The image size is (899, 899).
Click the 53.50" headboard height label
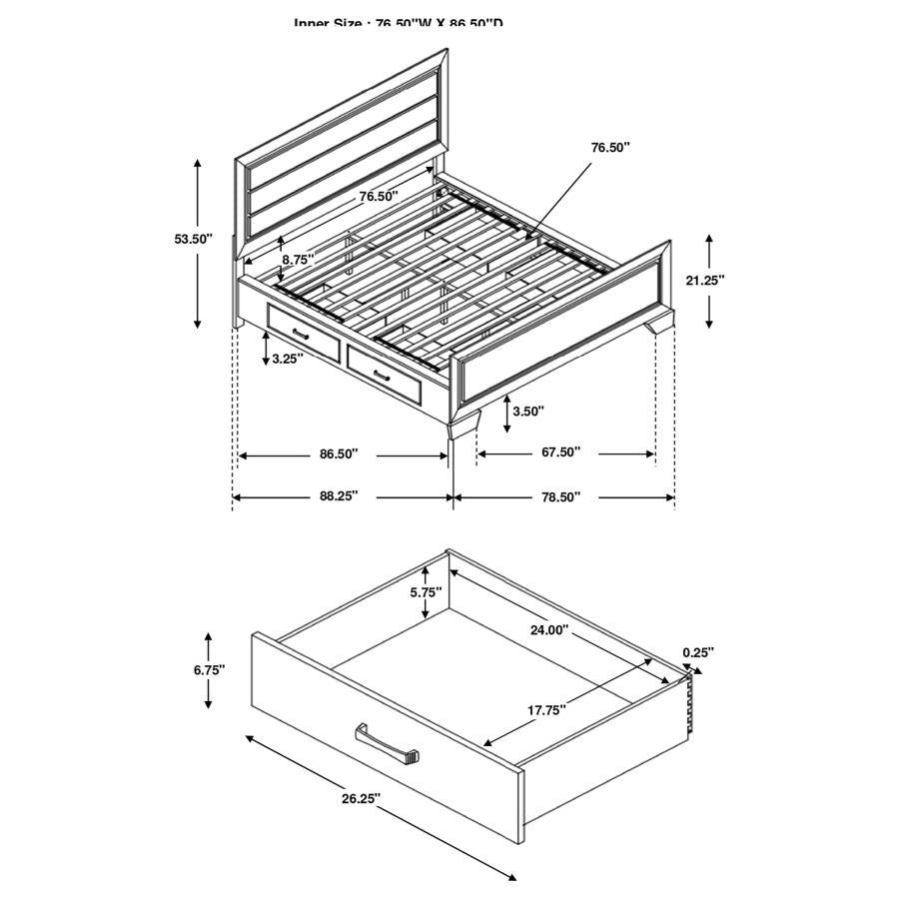[194, 239]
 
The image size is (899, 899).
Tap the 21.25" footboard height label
[705, 281]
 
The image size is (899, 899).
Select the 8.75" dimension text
[298, 259]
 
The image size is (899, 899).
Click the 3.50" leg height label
[528, 410]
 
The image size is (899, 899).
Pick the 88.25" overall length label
[339, 496]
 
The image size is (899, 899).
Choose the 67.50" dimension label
[560, 452]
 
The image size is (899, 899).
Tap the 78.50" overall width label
[560, 496]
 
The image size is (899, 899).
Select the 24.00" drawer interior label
[548, 630]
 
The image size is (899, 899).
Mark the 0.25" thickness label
[698, 652]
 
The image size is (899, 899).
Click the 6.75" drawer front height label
[209, 669]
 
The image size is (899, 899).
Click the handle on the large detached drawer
[387, 744]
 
